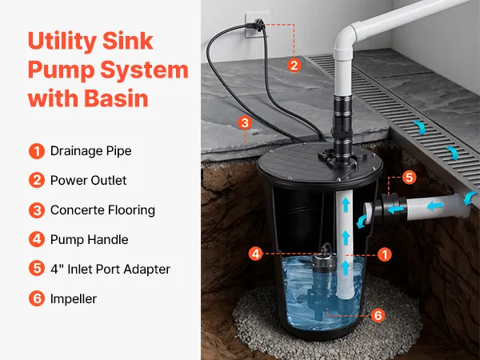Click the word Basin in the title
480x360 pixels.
(116, 98)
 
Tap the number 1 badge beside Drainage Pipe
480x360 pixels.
(37, 151)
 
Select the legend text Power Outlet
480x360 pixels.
(88, 180)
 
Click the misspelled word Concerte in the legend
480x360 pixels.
(73, 210)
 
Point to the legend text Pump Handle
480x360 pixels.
(89, 240)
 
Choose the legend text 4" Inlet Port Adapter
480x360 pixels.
(110, 269)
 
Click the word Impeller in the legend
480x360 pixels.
(74, 298)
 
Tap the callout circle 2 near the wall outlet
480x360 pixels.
(294, 66)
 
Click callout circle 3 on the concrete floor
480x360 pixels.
(245, 123)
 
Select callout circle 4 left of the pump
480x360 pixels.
(256, 254)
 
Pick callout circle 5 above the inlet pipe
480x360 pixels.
(410, 178)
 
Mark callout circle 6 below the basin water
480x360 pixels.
(378, 315)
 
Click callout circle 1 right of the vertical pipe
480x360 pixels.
(385, 254)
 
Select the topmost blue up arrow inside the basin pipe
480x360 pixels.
(346, 205)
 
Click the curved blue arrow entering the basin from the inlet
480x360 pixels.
(362, 221)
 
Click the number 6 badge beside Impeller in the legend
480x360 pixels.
(37, 298)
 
